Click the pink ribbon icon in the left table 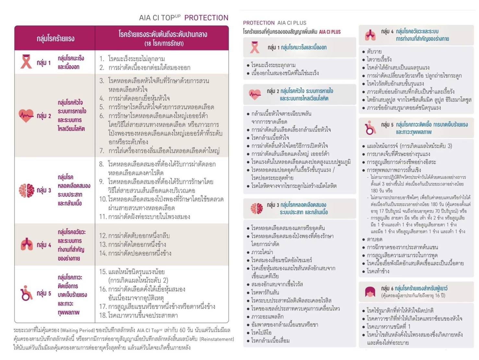pos(26,62)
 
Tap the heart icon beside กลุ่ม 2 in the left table pos(26,116)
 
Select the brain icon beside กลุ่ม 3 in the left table pos(26,190)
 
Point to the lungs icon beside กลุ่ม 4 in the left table pos(27,244)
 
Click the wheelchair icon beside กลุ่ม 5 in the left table pos(26,293)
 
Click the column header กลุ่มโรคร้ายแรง pos(55,39)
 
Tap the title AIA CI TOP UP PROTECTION pos(184,18)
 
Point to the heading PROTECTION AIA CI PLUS pos(274,23)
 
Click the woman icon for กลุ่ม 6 pos(370,292)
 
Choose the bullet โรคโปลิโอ pos(261,332)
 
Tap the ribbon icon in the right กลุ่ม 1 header pos(255,47)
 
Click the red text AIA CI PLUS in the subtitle pos(330,32)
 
